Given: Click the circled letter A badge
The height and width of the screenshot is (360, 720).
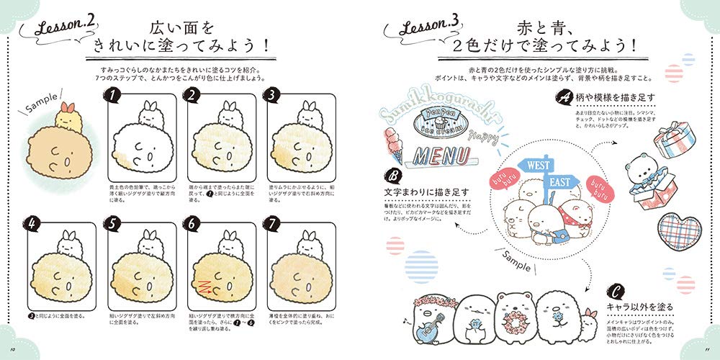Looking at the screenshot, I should pyautogui.click(x=560, y=96).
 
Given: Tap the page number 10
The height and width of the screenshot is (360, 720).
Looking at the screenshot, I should pyautogui.click(x=12, y=351).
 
